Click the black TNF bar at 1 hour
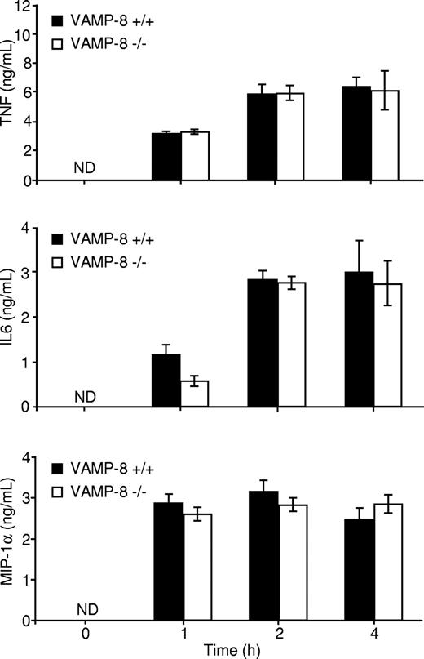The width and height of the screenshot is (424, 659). (167, 157)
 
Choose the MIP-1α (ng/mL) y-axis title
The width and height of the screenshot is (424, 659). (11, 539)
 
